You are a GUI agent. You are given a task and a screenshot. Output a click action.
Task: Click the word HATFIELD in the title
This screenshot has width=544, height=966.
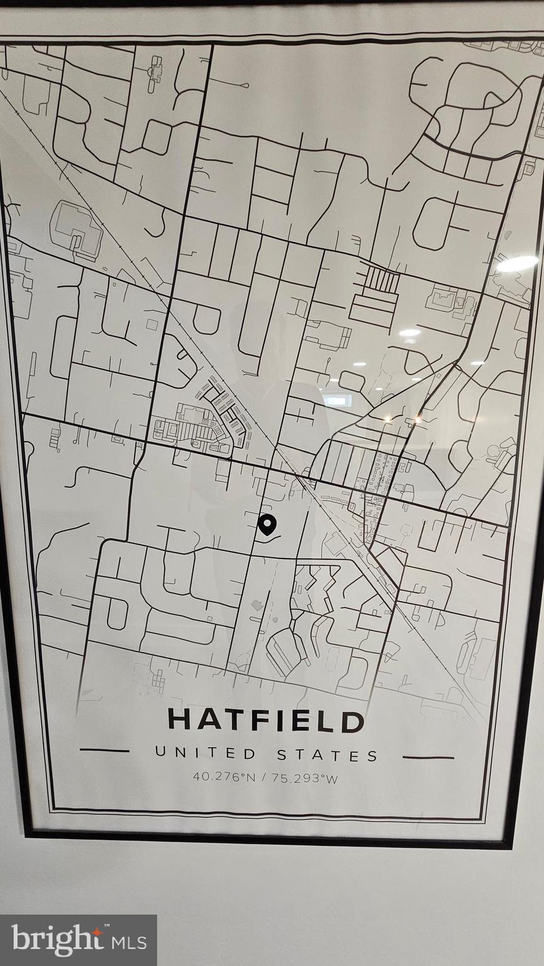pyautogui.click(x=265, y=720)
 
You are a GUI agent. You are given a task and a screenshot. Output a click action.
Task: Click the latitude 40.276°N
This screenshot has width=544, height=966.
pyautogui.click(x=224, y=777)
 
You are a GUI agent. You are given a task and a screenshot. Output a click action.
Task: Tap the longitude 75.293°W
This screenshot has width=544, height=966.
pyautogui.click(x=305, y=778)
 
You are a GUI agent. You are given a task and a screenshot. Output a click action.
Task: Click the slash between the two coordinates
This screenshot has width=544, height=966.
pyautogui.click(x=264, y=778)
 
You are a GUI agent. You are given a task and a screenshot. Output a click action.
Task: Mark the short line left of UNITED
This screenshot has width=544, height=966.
pyautogui.click(x=104, y=750)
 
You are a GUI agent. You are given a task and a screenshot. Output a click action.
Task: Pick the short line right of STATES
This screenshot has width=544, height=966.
pyautogui.click(x=428, y=757)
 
